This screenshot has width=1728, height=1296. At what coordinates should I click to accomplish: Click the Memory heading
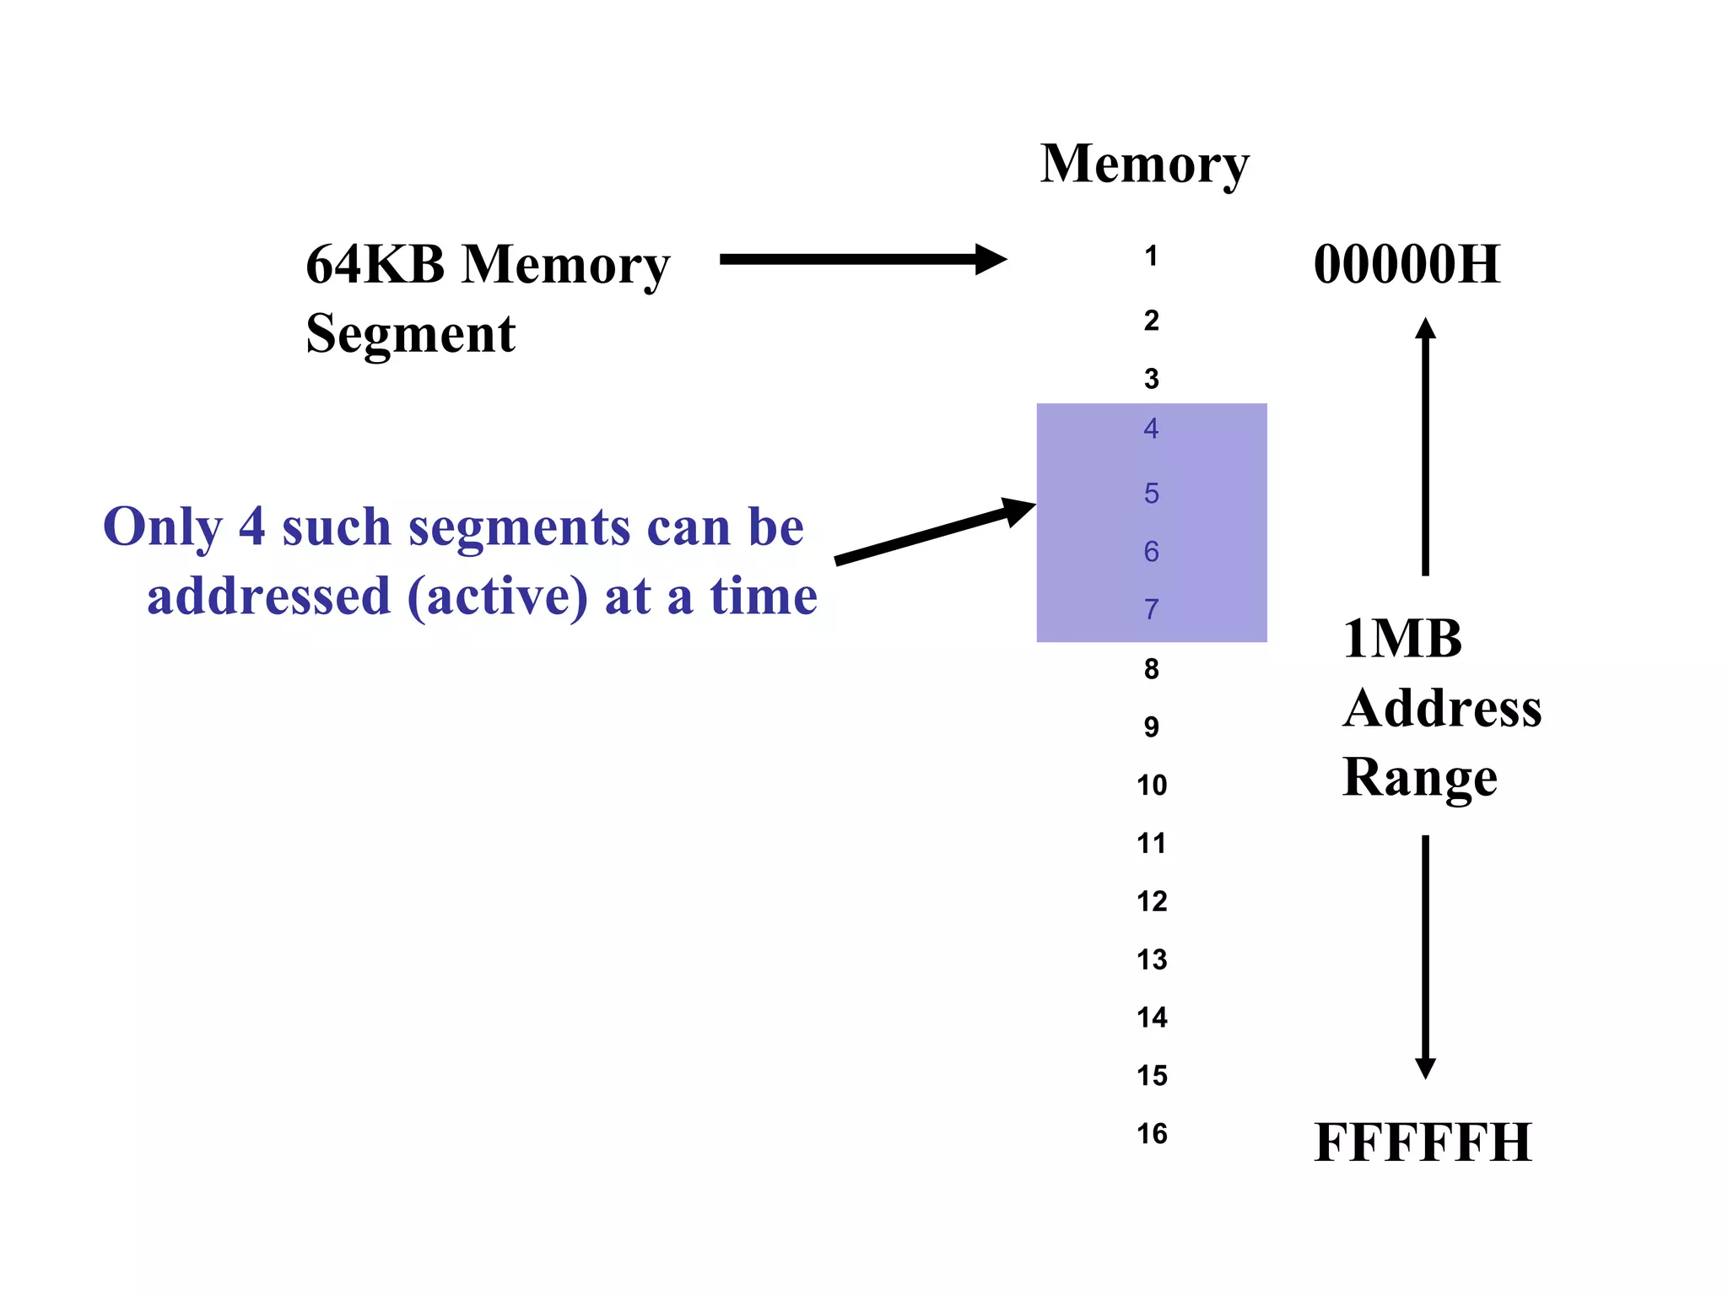click(x=1143, y=165)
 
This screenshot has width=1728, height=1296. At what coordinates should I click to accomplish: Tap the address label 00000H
click(x=1407, y=265)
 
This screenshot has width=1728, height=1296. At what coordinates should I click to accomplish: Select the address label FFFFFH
click(x=1423, y=1143)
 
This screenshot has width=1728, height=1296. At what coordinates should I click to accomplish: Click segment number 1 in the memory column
click(x=1151, y=256)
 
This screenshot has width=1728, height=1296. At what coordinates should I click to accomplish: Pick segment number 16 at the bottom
click(x=1152, y=1134)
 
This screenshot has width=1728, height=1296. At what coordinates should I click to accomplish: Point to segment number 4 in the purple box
click(x=1151, y=429)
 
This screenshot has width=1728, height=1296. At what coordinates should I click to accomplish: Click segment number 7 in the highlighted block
click(x=1151, y=609)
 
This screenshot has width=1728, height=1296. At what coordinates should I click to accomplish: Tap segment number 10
click(x=1152, y=786)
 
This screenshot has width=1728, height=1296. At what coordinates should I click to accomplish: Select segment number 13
click(x=1152, y=960)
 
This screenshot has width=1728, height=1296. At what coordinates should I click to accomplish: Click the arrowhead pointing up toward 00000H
click(x=1425, y=328)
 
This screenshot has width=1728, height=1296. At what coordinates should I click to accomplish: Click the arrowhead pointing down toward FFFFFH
click(x=1425, y=1069)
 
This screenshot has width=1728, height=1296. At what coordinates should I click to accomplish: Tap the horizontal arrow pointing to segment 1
click(x=861, y=259)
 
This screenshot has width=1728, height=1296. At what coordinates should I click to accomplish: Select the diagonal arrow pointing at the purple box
click(x=932, y=532)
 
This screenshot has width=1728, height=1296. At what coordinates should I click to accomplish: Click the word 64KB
click(x=375, y=265)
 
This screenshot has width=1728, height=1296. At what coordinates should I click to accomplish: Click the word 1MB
click(x=1401, y=640)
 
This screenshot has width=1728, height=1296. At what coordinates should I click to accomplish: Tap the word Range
click(x=1420, y=778)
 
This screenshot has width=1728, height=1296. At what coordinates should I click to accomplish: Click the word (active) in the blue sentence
click(x=497, y=597)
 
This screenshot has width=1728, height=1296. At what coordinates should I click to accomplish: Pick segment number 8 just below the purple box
click(x=1151, y=670)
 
